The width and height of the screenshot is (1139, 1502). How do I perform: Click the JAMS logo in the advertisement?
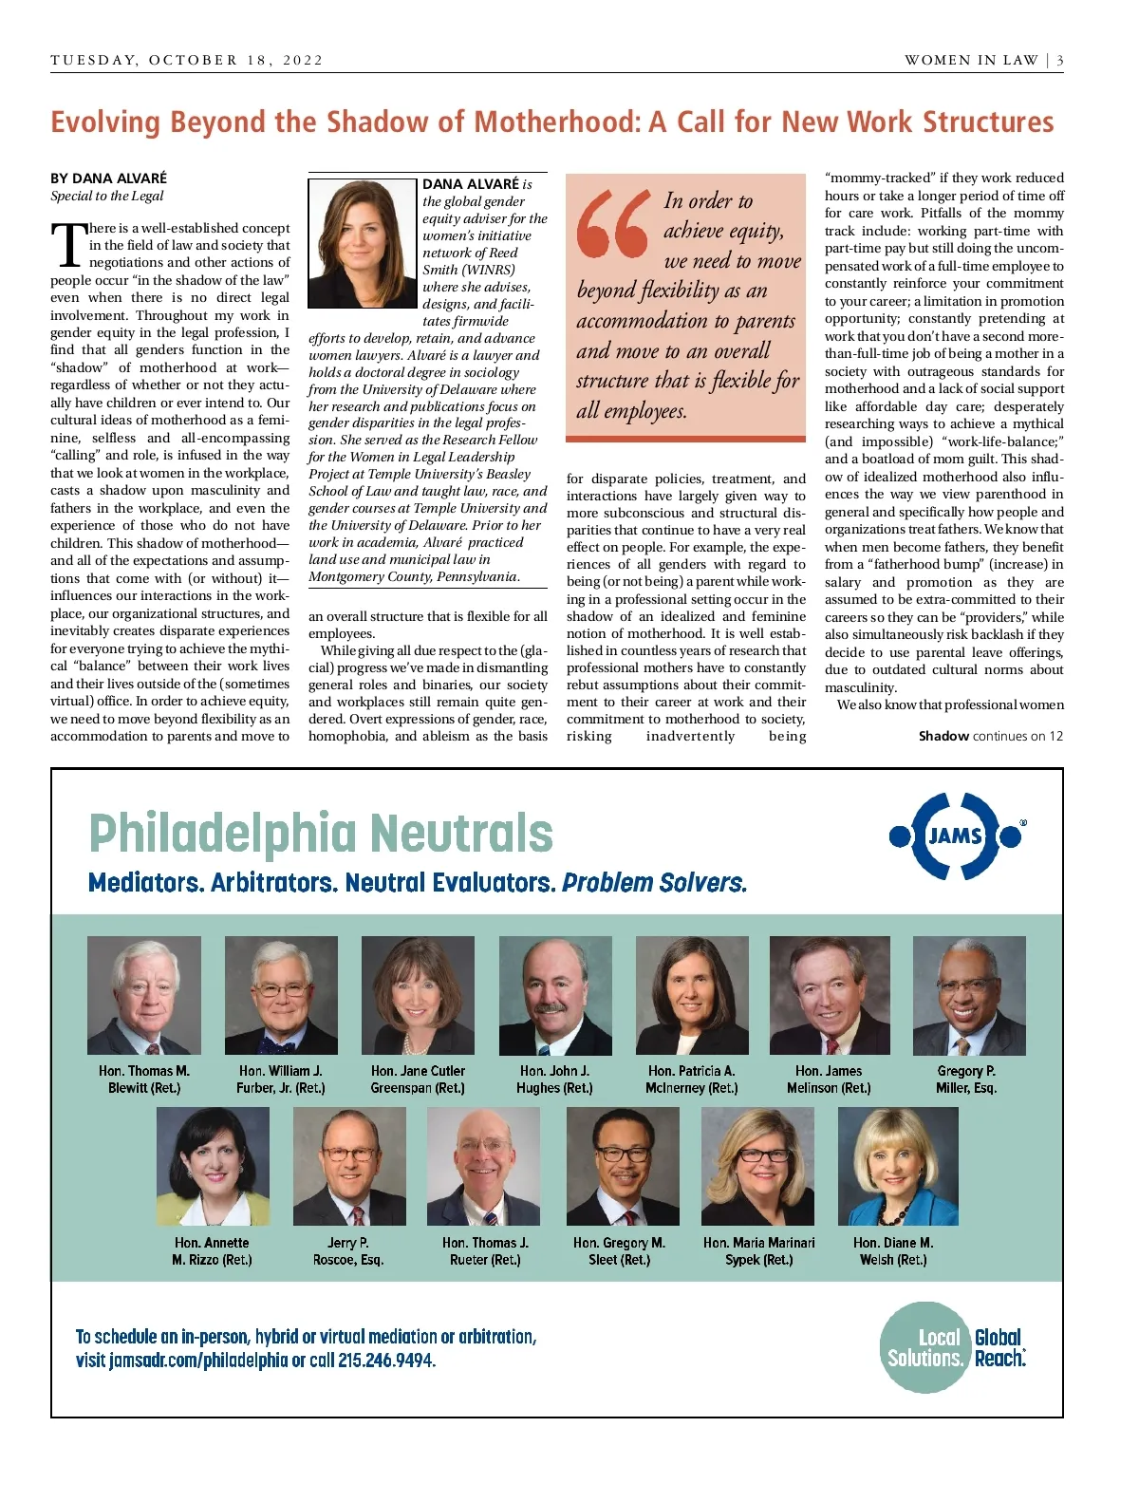point(955,835)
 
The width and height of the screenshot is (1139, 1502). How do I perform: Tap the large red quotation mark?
point(613,224)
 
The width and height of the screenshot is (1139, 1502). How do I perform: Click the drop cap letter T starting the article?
point(68,245)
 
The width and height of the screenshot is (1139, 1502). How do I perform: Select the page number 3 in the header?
point(1059,60)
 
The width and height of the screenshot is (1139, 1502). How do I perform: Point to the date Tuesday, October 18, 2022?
point(187,60)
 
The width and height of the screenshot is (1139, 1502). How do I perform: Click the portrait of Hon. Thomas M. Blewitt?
point(144,995)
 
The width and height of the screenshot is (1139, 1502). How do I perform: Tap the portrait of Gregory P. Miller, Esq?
point(968,995)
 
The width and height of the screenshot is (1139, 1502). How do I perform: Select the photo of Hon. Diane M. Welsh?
point(897,1166)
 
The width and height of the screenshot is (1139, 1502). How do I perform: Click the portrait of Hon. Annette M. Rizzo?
point(213,1166)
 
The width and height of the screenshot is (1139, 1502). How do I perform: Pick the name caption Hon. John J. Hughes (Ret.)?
point(554,1080)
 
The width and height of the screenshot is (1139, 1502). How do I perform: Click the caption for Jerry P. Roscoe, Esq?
point(348,1251)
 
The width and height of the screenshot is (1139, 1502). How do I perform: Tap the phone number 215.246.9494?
point(386,1361)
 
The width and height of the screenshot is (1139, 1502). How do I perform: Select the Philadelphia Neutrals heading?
point(321,834)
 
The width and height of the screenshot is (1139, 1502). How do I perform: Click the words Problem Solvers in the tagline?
point(654,883)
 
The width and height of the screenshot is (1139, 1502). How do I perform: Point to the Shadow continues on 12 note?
point(990,736)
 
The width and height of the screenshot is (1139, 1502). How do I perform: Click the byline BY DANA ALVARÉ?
point(108,178)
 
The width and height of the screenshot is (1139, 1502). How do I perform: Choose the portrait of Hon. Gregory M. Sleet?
point(623,1166)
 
